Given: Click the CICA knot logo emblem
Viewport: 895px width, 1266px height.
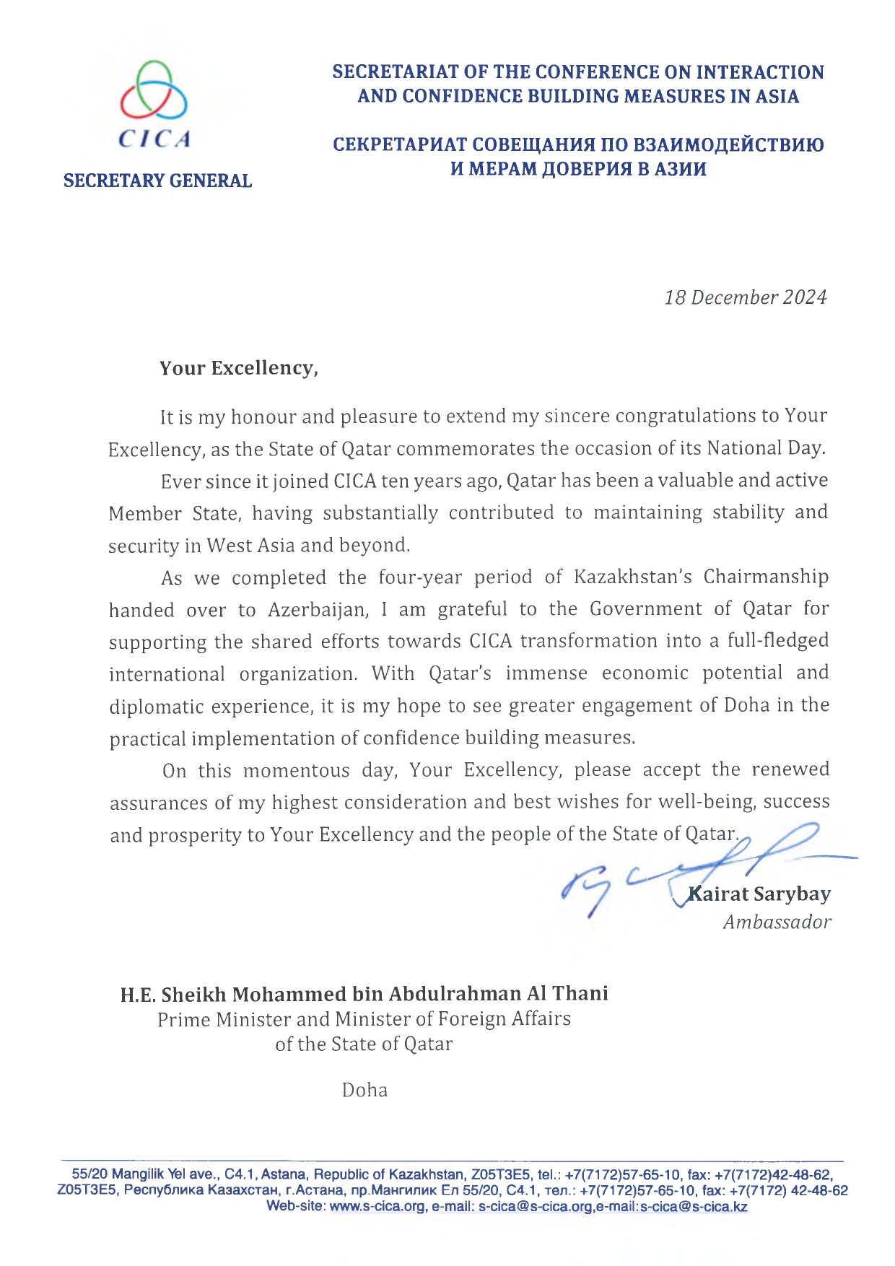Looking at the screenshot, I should coord(153,90).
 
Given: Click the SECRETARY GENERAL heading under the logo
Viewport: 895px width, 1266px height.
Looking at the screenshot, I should coord(157,180).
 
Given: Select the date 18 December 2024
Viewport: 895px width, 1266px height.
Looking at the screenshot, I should coord(745,297).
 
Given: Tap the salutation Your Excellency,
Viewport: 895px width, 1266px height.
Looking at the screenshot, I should coord(238,368).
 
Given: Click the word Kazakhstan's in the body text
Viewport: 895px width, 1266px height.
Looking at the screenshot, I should coord(633,577).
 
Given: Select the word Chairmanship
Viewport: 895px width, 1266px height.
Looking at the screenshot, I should coord(766,577).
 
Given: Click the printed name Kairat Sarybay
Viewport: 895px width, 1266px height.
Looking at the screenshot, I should coord(759,894).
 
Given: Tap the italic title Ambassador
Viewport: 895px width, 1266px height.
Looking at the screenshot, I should coord(777,922).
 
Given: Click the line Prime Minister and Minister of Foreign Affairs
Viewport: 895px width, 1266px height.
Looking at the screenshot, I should coord(364,1019).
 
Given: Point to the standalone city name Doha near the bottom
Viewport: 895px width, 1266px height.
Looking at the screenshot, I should coord(364,1090).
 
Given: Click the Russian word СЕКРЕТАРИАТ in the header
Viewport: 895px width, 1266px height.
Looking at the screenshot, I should coord(399,145).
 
